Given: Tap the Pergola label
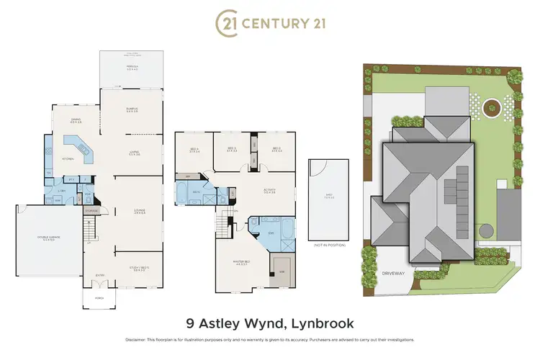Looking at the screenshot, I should (x=132, y=68).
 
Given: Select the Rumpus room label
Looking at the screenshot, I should (x=132, y=110).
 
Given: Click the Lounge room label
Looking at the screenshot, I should (x=139, y=211).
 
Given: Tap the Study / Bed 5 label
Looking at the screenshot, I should (x=137, y=269).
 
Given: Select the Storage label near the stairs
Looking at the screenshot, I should (x=91, y=211).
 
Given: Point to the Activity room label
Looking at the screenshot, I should (x=270, y=191).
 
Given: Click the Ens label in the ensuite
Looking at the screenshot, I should (x=270, y=233).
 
